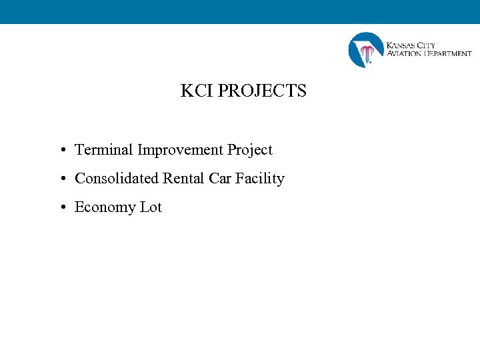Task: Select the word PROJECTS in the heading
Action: click(262, 91)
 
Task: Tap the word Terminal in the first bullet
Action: click(104, 150)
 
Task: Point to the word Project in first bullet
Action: click(250, 151)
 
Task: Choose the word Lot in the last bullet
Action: click(151, 207)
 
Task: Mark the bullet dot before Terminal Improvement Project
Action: click(61, 151)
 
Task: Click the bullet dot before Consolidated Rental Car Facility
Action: click(61, 179)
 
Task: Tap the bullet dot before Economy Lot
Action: click(61, 208)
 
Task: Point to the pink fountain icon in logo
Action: click(367, 53)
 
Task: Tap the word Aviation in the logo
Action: click(404, 53)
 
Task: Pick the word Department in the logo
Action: click(447, 53)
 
